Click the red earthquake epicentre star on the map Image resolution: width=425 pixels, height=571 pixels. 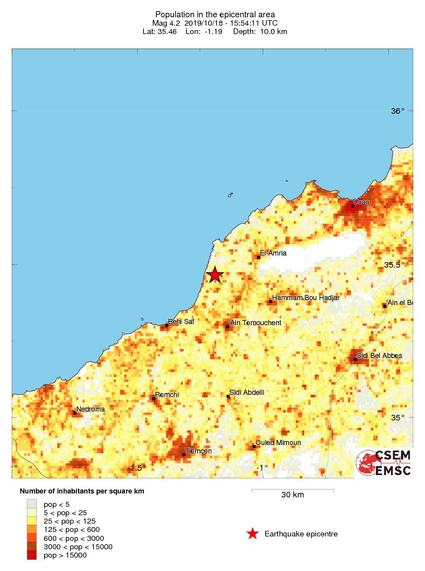coord(215,275)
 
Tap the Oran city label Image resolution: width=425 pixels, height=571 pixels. coord(361,202)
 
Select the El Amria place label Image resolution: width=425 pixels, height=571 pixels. coord(273,253)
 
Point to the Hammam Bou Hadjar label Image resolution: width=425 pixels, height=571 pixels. coord(306,298)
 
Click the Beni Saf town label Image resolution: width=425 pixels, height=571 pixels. coord(182,322)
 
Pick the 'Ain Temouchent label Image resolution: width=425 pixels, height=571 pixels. coord(255,323)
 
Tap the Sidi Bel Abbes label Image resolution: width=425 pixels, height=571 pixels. coord(379,356)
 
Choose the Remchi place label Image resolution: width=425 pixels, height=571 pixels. coord(167,395)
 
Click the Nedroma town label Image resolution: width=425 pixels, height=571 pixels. coord(90,409)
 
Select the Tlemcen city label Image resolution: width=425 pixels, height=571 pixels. coord(198,451)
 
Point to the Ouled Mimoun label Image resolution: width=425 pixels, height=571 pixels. coord(278,443)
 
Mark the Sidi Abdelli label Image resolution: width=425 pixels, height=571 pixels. coord(247,393)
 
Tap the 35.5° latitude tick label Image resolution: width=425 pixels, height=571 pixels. coord(394,265)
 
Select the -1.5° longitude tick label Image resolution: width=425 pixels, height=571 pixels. coord(137,468)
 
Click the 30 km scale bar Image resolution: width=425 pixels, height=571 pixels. coord(293,491)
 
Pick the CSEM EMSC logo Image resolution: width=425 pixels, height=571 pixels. coord(384,463)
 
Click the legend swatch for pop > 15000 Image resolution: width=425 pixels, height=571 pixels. coord(32,555)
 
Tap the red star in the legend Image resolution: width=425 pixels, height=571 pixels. coord(253,534)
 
